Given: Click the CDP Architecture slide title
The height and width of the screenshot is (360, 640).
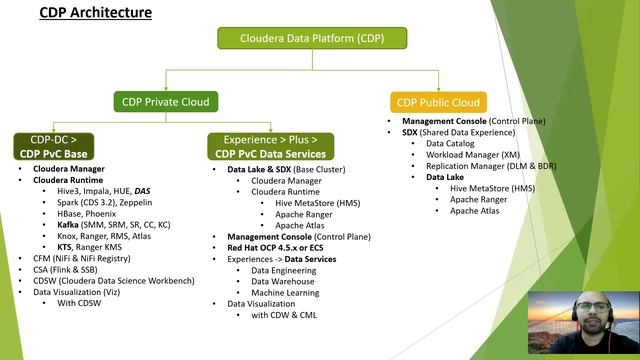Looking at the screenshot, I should coord(95,13).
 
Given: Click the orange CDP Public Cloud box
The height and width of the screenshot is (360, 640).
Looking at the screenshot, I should coord(437,101).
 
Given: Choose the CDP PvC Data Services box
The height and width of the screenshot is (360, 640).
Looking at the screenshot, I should coord(269,146).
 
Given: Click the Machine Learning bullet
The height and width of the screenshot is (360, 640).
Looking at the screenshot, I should coord(286,292).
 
